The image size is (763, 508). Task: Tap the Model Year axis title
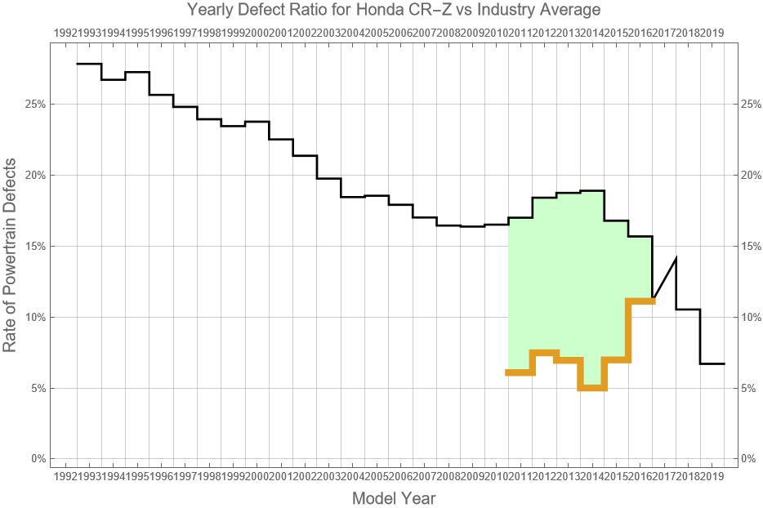[393, 498]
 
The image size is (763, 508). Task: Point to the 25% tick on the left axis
[35, 105]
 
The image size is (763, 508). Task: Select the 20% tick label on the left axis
[35, 176]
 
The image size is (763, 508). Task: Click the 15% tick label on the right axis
[752, 247]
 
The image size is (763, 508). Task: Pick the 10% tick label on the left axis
[35, 317]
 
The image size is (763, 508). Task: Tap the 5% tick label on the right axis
[749, 388]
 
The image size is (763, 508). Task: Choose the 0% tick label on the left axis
[38, 459]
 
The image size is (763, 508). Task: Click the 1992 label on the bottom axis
[65, 475]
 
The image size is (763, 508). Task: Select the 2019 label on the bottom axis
[712, 475]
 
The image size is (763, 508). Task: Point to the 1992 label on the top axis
[65, 33]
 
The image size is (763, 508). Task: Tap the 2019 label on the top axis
[712, 33]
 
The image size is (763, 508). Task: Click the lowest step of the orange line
[592, 388]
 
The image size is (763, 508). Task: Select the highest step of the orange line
[640, 301]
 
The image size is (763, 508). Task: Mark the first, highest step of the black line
[89, 64]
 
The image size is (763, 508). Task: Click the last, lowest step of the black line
[712, 363]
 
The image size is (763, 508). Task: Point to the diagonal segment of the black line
[664, 278]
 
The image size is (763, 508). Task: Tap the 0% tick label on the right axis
[749, 459]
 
